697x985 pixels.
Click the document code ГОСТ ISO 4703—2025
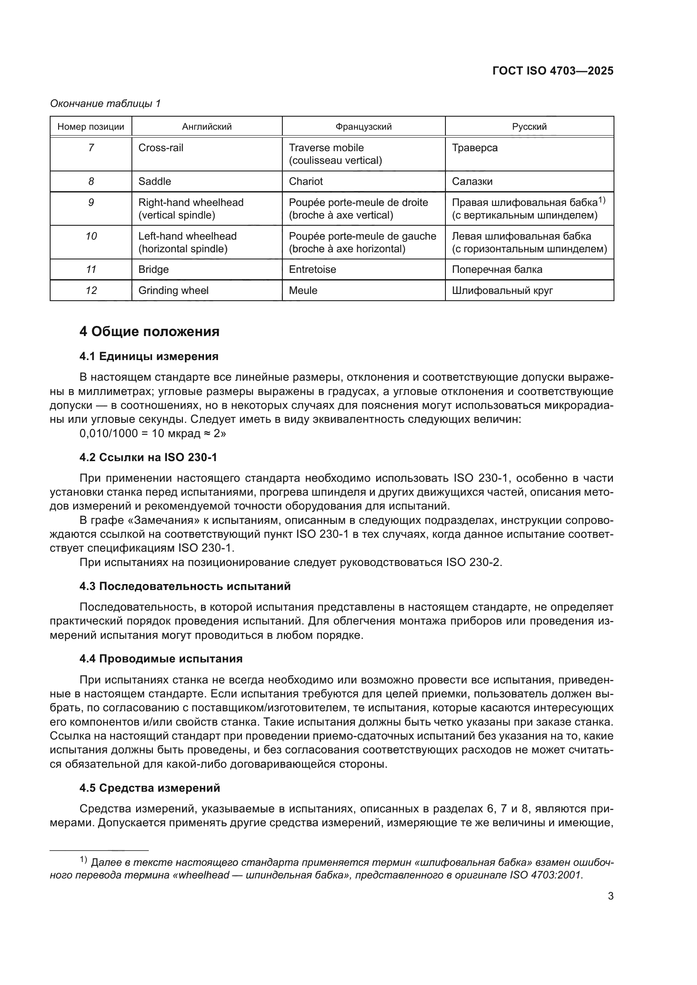coord(553,71)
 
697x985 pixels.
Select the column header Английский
coord(206,127)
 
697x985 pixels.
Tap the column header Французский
coord(363,127)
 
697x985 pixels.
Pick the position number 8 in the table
coord(91,182)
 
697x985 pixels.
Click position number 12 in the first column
coord(91,291)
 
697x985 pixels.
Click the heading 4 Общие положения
coord(149,331)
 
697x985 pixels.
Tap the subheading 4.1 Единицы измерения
coord(148,356)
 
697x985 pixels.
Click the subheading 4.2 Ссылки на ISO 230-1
coord(148,457)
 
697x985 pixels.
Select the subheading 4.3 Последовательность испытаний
coord(185,586)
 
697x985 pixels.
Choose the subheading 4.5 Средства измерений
coord(149,787)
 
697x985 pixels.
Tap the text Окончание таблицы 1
coord(105,104)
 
